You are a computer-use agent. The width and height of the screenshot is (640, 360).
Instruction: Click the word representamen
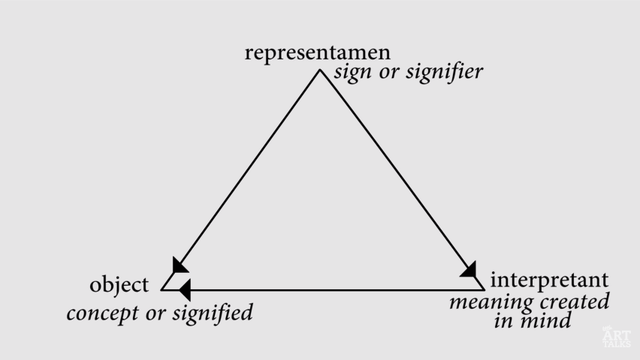(318, 53)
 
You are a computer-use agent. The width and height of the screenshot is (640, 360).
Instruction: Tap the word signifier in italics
(445, 72)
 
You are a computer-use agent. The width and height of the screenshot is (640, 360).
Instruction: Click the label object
(119, 285)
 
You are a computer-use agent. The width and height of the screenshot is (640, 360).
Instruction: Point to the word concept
(103, 313)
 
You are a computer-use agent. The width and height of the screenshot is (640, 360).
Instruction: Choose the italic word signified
(213, 313)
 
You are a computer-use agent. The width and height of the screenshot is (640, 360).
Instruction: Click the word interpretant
(549, 280)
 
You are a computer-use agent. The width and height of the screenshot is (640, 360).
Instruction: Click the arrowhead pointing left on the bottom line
(186, 290)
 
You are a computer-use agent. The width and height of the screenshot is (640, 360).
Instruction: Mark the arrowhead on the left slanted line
(179, 266)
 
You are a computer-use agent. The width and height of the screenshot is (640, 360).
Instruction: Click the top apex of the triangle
(321, 70)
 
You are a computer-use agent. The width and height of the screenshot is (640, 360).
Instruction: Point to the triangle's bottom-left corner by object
(162, 290)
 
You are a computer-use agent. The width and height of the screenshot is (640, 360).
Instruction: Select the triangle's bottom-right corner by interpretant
(485, 290)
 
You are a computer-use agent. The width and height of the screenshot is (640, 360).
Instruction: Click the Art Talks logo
(616, 337)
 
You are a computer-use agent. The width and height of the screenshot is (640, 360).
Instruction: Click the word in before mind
(504, 320)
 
